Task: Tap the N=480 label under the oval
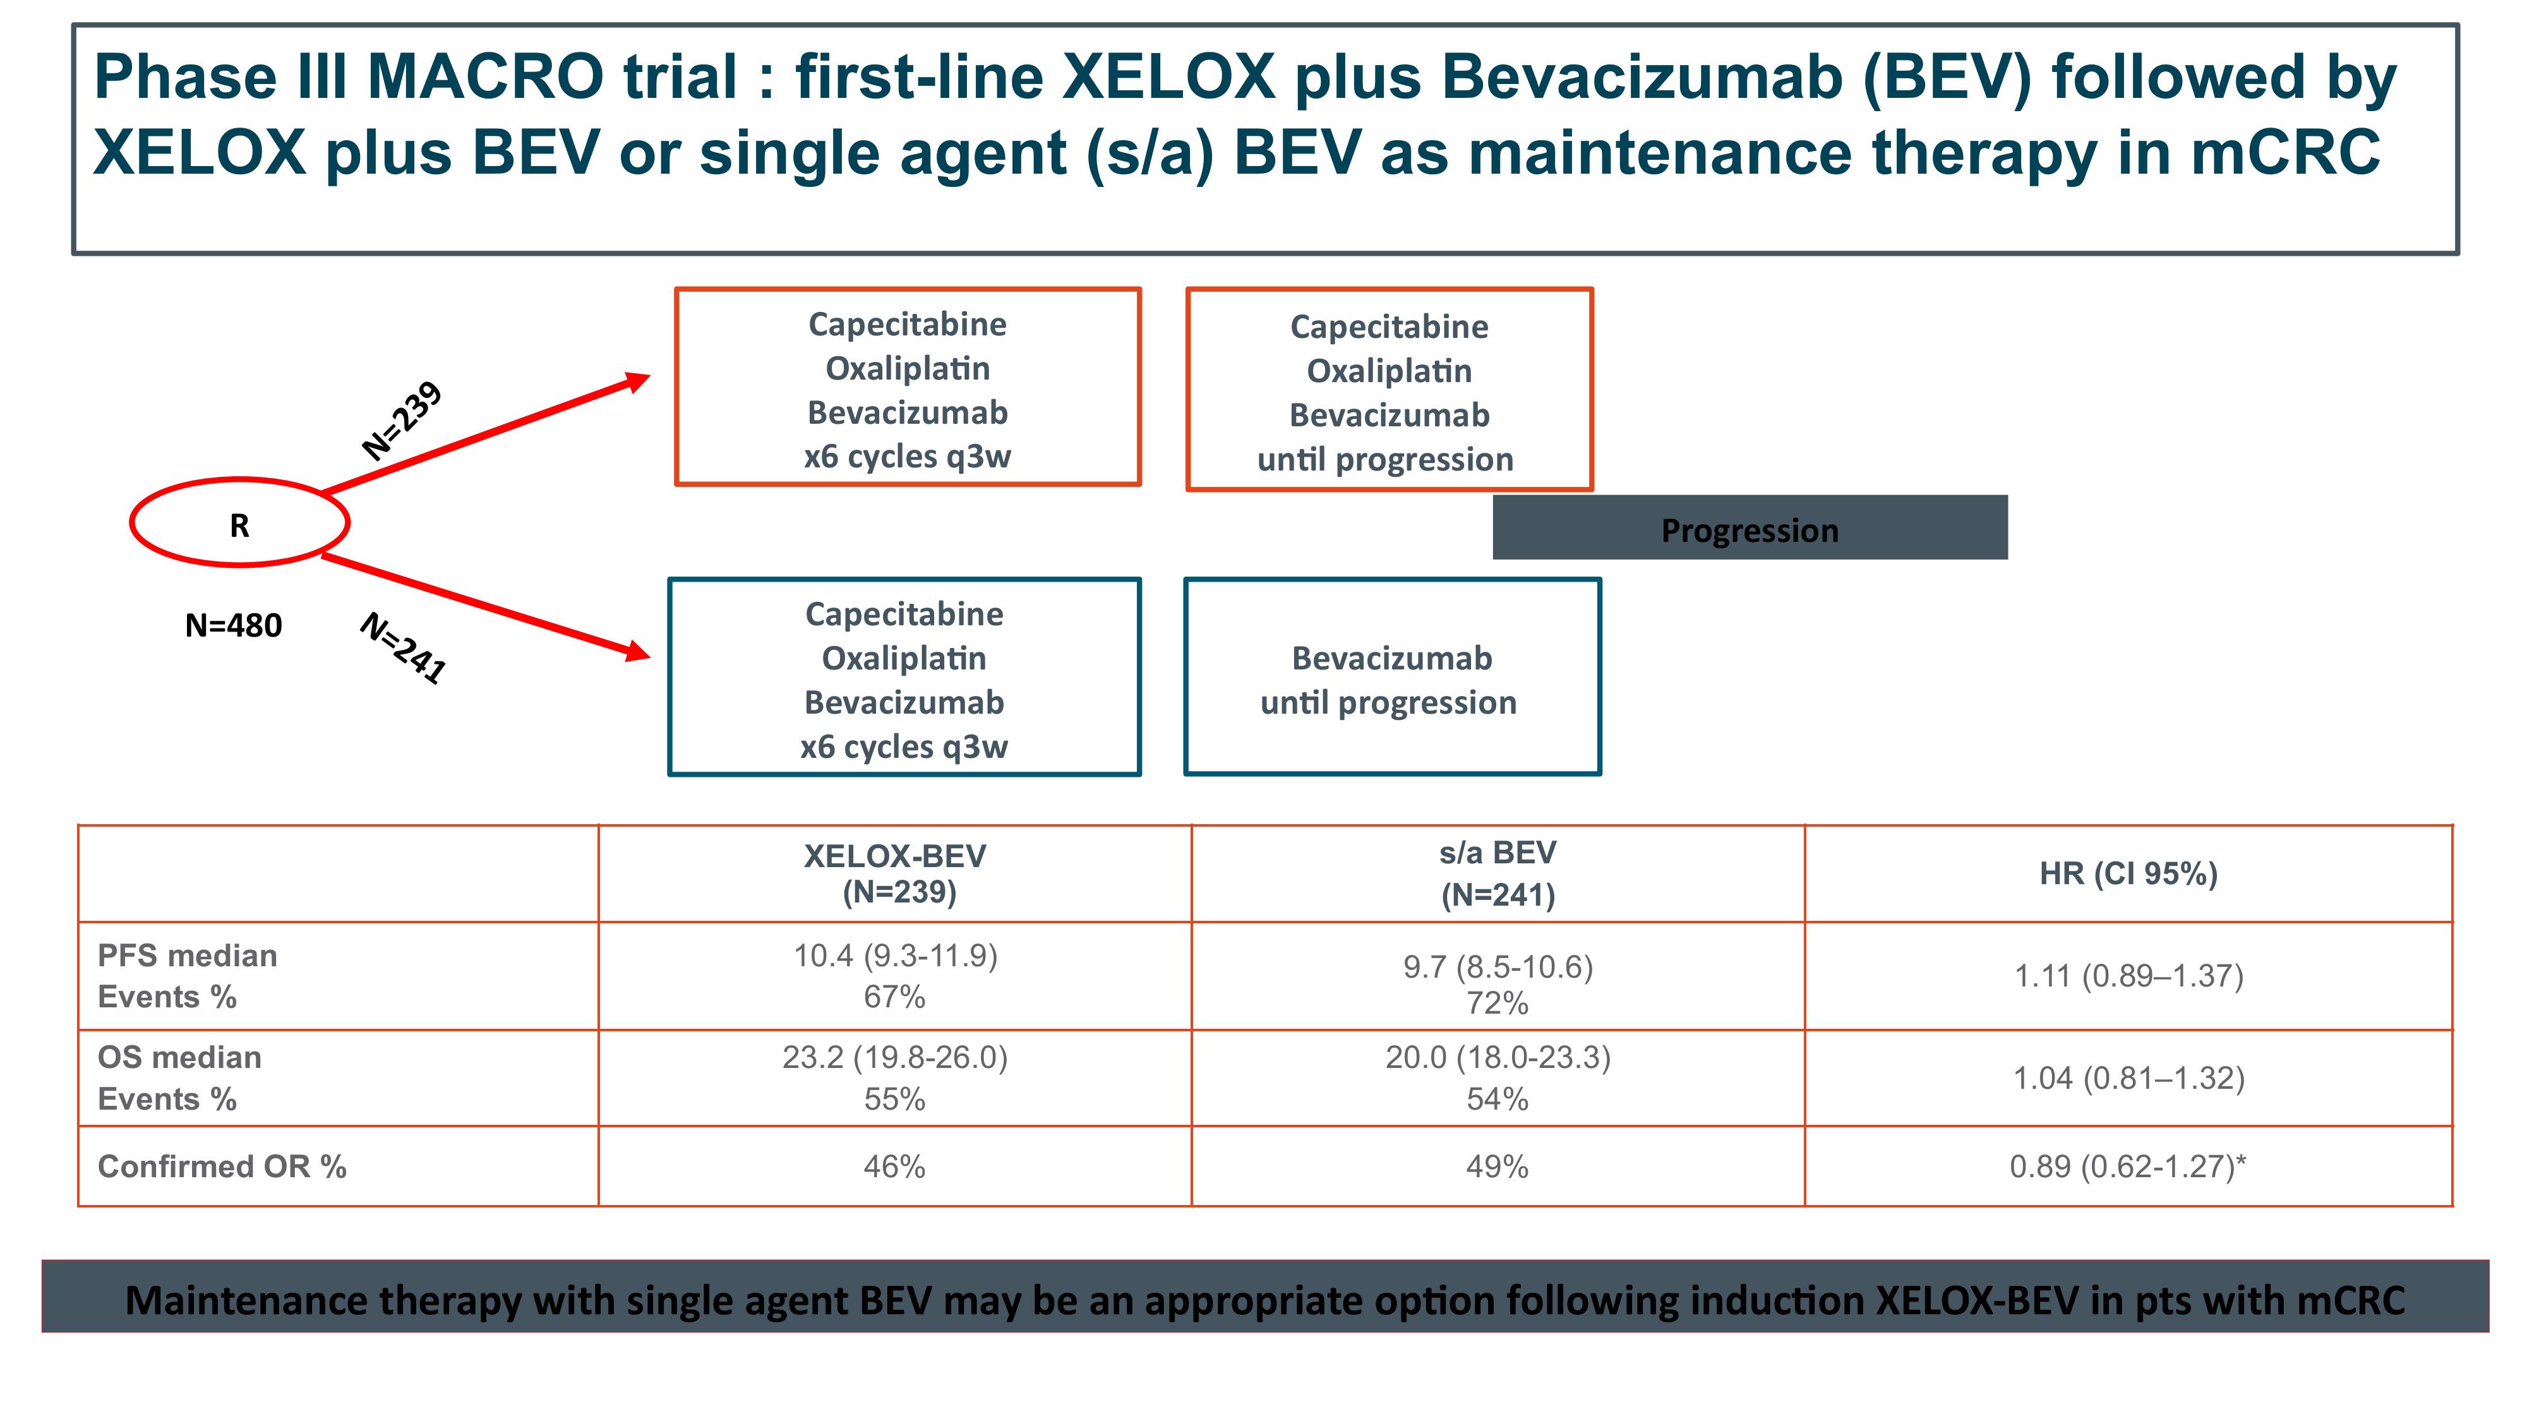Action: tap(234, 625)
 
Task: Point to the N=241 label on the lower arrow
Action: tap(403, 647)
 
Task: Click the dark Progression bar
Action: tap(1750, 527)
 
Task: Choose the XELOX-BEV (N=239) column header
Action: tap(896, 873)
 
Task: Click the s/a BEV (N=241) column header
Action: tap(1498, 873)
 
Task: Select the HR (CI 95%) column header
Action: tap(2128, 873)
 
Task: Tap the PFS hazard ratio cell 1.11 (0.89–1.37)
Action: tap(2128, 976)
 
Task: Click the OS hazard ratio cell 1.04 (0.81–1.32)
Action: tap(2128, 1078)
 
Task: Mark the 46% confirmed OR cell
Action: tap(895, 1166)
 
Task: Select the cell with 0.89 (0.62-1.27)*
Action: tap(2128, 1166)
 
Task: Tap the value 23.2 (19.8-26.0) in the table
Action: tap(895, 1057)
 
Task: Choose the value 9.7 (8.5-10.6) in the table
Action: tap(1498, 967)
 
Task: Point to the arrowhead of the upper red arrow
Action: tap(649, 375)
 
